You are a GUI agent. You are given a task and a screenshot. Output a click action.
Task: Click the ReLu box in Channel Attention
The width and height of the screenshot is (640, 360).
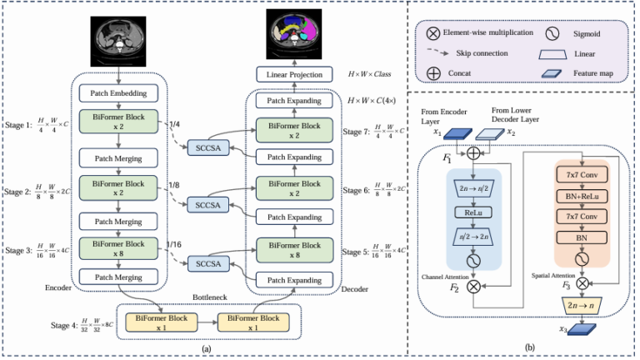click(x=472, y=211)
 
